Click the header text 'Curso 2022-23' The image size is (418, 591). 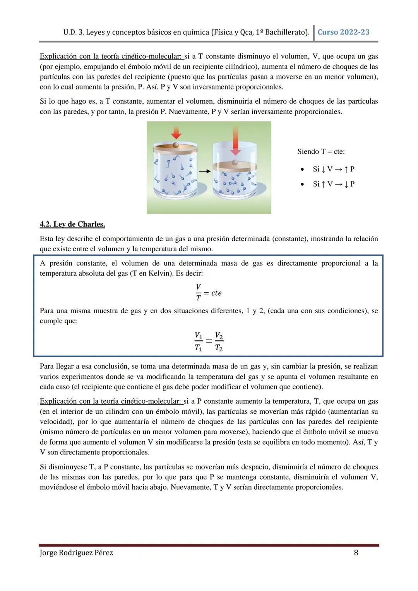coord(343,32)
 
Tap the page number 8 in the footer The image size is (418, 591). coord(356,553)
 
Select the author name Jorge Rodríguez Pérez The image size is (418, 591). coord(76,553)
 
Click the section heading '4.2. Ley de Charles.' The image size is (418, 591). coord(72,224)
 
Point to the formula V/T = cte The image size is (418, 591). coord(208,293)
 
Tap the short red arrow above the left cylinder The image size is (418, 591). coord(176,133)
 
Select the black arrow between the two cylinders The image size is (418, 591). coord(204,170)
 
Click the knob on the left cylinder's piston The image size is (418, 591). coord(176,145)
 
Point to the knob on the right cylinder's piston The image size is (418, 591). coord(235,163)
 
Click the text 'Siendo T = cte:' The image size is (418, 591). coord(321,152)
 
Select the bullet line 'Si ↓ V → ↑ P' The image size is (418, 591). coord(333,169)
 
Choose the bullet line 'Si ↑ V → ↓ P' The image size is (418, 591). coord(333,184)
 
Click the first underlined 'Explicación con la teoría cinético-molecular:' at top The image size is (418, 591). coord(111,57)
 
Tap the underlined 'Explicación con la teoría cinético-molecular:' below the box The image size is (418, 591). coord(111,401)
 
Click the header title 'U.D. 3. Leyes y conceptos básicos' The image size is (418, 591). coord(116,32)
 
